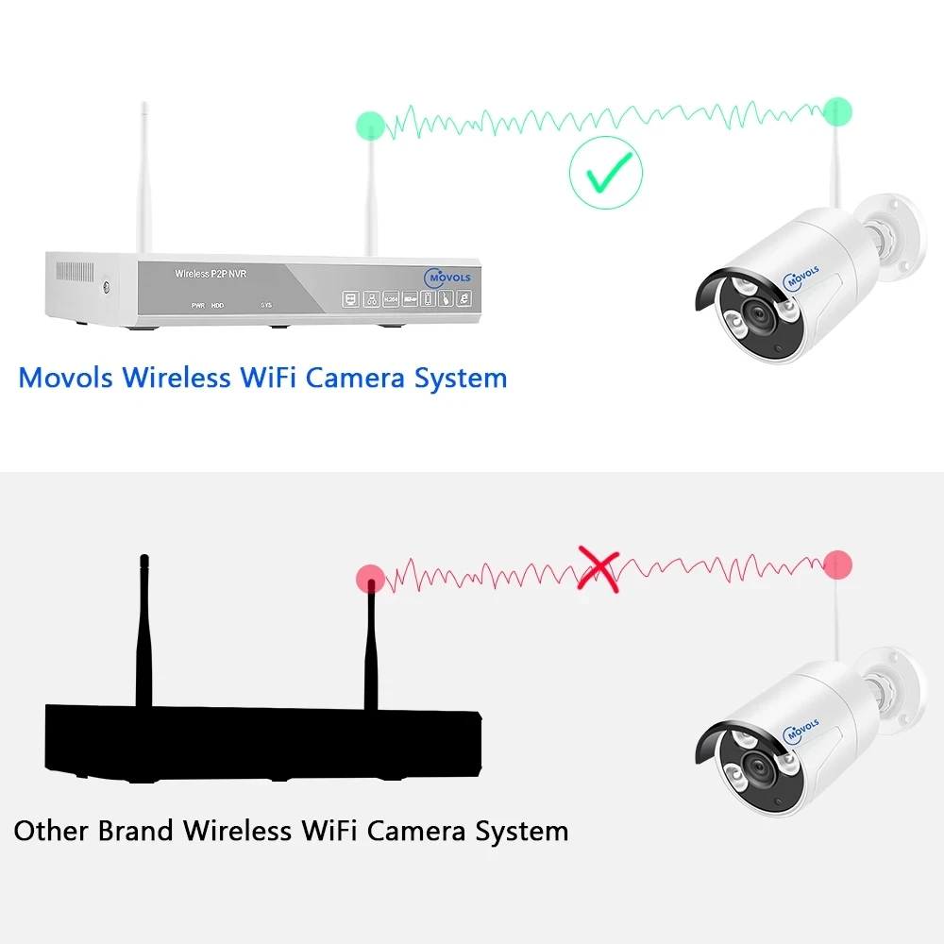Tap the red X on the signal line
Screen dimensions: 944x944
tap(598, 570)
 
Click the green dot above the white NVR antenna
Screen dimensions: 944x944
tap(370, 125)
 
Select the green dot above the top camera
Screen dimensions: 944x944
tap(837, 110)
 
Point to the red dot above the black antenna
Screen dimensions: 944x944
tap(370, 577)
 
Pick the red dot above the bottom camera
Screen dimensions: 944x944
tap(837, 565)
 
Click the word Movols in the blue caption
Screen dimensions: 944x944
tap(65, 379)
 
